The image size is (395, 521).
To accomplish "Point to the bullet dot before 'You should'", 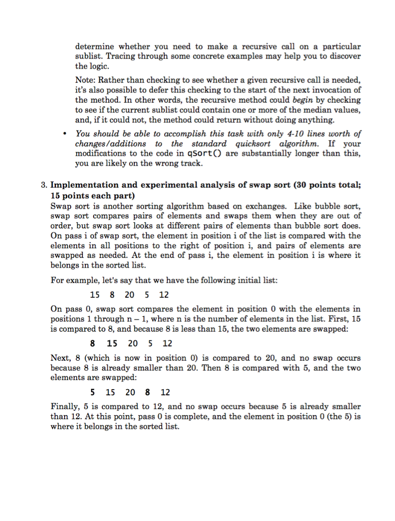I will pos(65,134).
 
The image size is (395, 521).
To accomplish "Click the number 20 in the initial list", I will pos(129,295).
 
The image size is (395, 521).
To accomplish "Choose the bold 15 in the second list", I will pos(112,343).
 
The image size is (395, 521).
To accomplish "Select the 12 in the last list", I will pos(165,392).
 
